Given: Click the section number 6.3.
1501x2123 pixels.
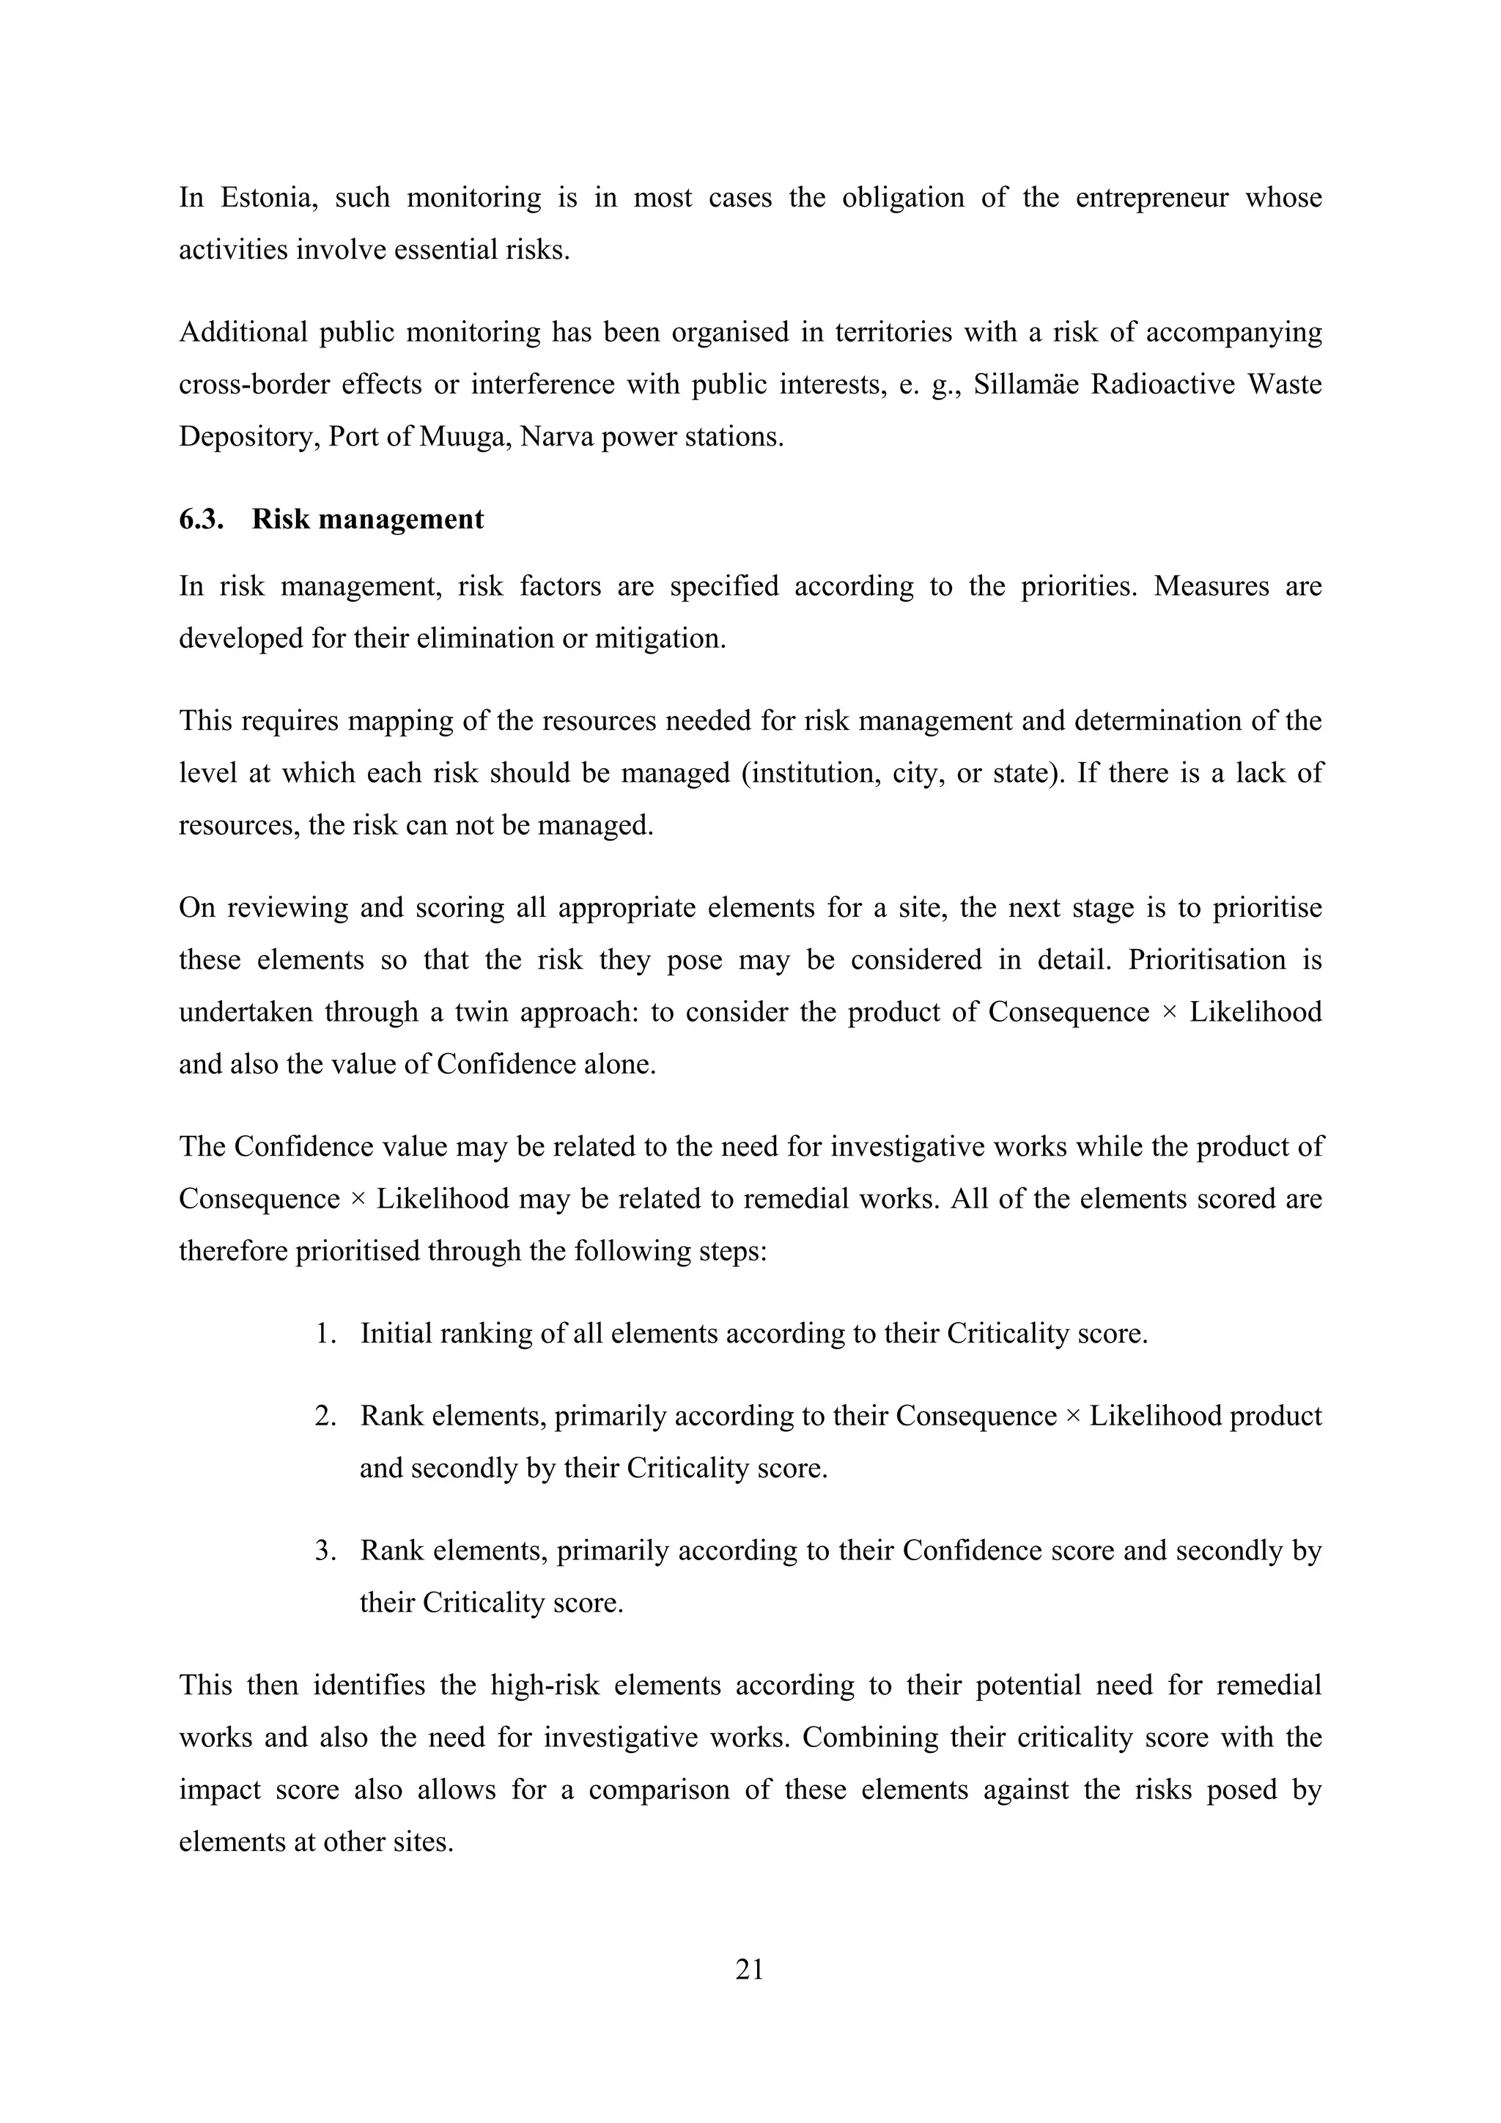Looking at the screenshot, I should (x=201, y=519).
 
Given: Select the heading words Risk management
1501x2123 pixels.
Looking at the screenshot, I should (x=367, y=519).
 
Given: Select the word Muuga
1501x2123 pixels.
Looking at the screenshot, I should (x=462, y=437).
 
